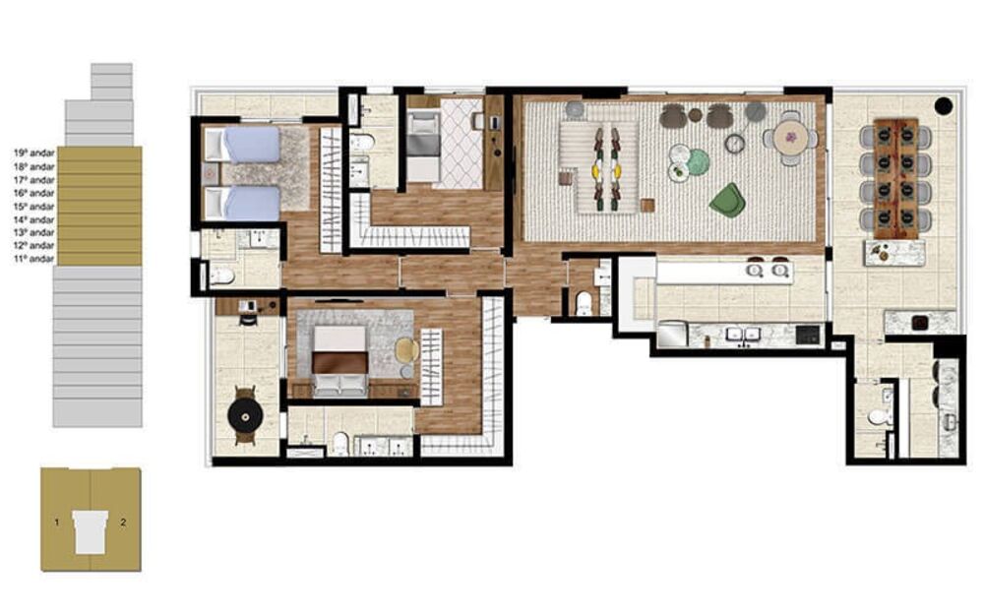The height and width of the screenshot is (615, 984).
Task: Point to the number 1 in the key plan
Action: (x=58, y=522)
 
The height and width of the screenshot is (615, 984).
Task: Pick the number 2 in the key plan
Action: (x=122, y=522)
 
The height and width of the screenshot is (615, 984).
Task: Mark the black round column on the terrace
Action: (x=943, y=103)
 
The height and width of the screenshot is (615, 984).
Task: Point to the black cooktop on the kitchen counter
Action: (x=807, y=335)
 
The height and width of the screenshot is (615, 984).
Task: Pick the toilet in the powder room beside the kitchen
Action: (x=584, y=302)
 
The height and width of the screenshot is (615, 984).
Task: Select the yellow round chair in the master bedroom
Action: (x=406, y=349)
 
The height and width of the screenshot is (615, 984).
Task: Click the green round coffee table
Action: (x=698, y=161)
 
